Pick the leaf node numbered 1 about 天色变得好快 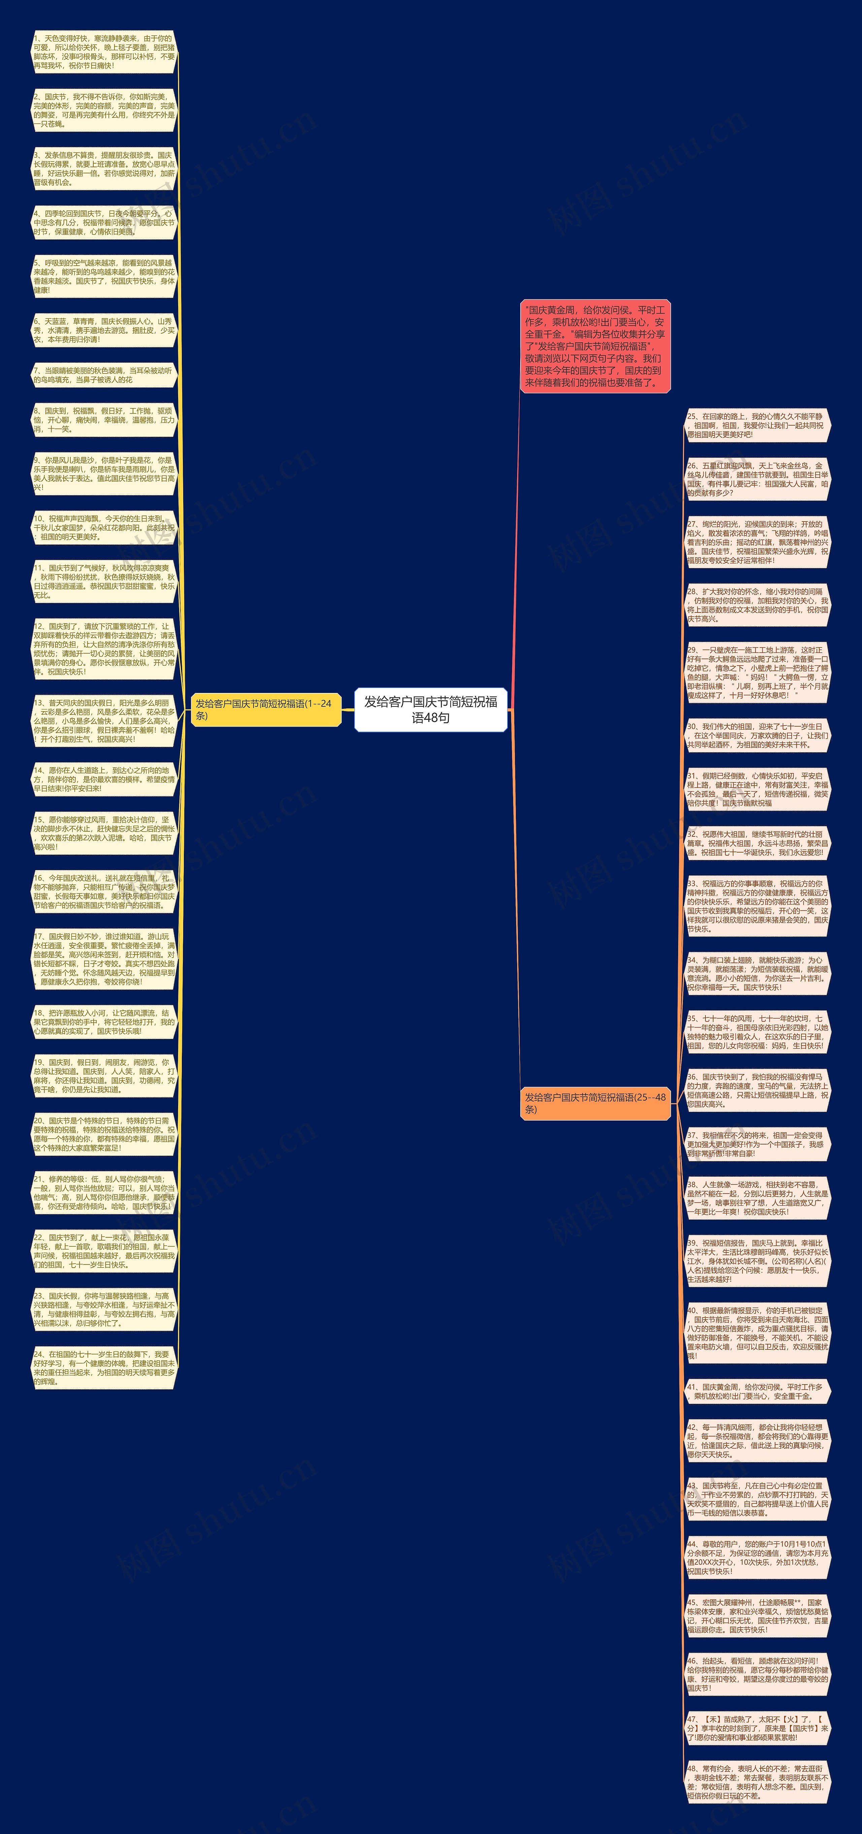[x=104, y=52]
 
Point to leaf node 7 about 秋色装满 [x=104, y=375]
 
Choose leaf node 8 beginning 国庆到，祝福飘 [x=104, y=420]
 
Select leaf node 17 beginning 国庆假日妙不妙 [x=104, y=959]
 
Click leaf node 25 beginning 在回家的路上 [x=757, y=425]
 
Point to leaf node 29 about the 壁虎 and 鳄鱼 [x=757, y=672]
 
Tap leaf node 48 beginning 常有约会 [x=757, y=1781]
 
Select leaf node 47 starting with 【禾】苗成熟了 [x=757, y=1728]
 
